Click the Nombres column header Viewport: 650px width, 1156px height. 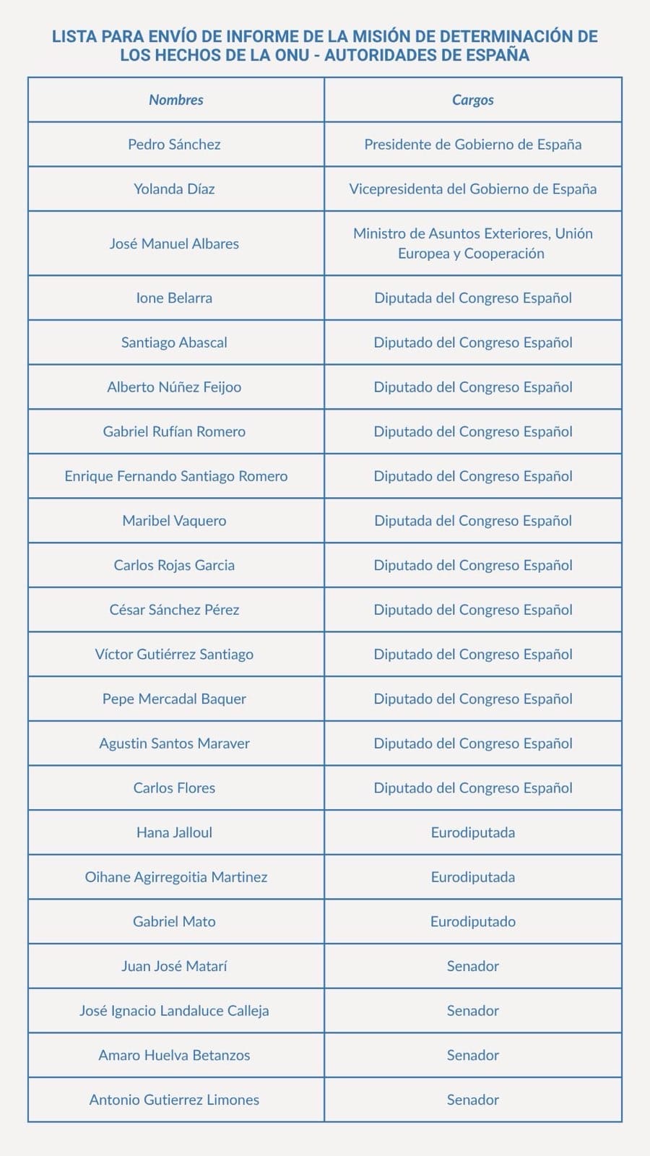pyautogui.click(x=176, y=100)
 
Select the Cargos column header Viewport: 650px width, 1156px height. pyautogui.click(x=473, y=100)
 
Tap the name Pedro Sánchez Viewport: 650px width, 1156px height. pyautogui.click(x=174, y=144)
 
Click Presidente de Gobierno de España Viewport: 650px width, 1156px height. pyautogui.click(x=473, y=144)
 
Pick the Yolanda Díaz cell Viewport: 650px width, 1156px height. pyautogui.click(x=174, y=189)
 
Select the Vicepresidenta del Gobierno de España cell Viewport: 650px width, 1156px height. pyautogui.click(x=473, y=189)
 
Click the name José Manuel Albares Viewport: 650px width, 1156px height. pyautogui.click(x=174, y=243)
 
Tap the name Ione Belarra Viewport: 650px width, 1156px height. pyautogui.click(x=174, y=298)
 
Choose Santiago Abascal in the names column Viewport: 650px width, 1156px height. pyautogui.click(x=174, y=342)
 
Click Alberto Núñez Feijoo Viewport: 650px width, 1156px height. pyautogui.click(x=174, y=387)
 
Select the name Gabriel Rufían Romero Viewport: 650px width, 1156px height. pyautogui.click(x=174, y=432)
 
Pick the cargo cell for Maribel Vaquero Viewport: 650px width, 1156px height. pyautogui.click(x=473, y=521)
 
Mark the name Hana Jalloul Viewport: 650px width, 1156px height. pyautogui.click(x=174, y=832)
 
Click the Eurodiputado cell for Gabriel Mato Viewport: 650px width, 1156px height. pyautogui.click(x=473, y=922)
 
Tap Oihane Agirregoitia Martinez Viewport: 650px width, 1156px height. pyautogui.click(x=176, y=877)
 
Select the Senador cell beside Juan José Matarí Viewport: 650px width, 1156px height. pyautogui.click(x=473, y=966)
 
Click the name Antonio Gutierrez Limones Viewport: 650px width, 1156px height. pyautogui.click(x=174, y=1100)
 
